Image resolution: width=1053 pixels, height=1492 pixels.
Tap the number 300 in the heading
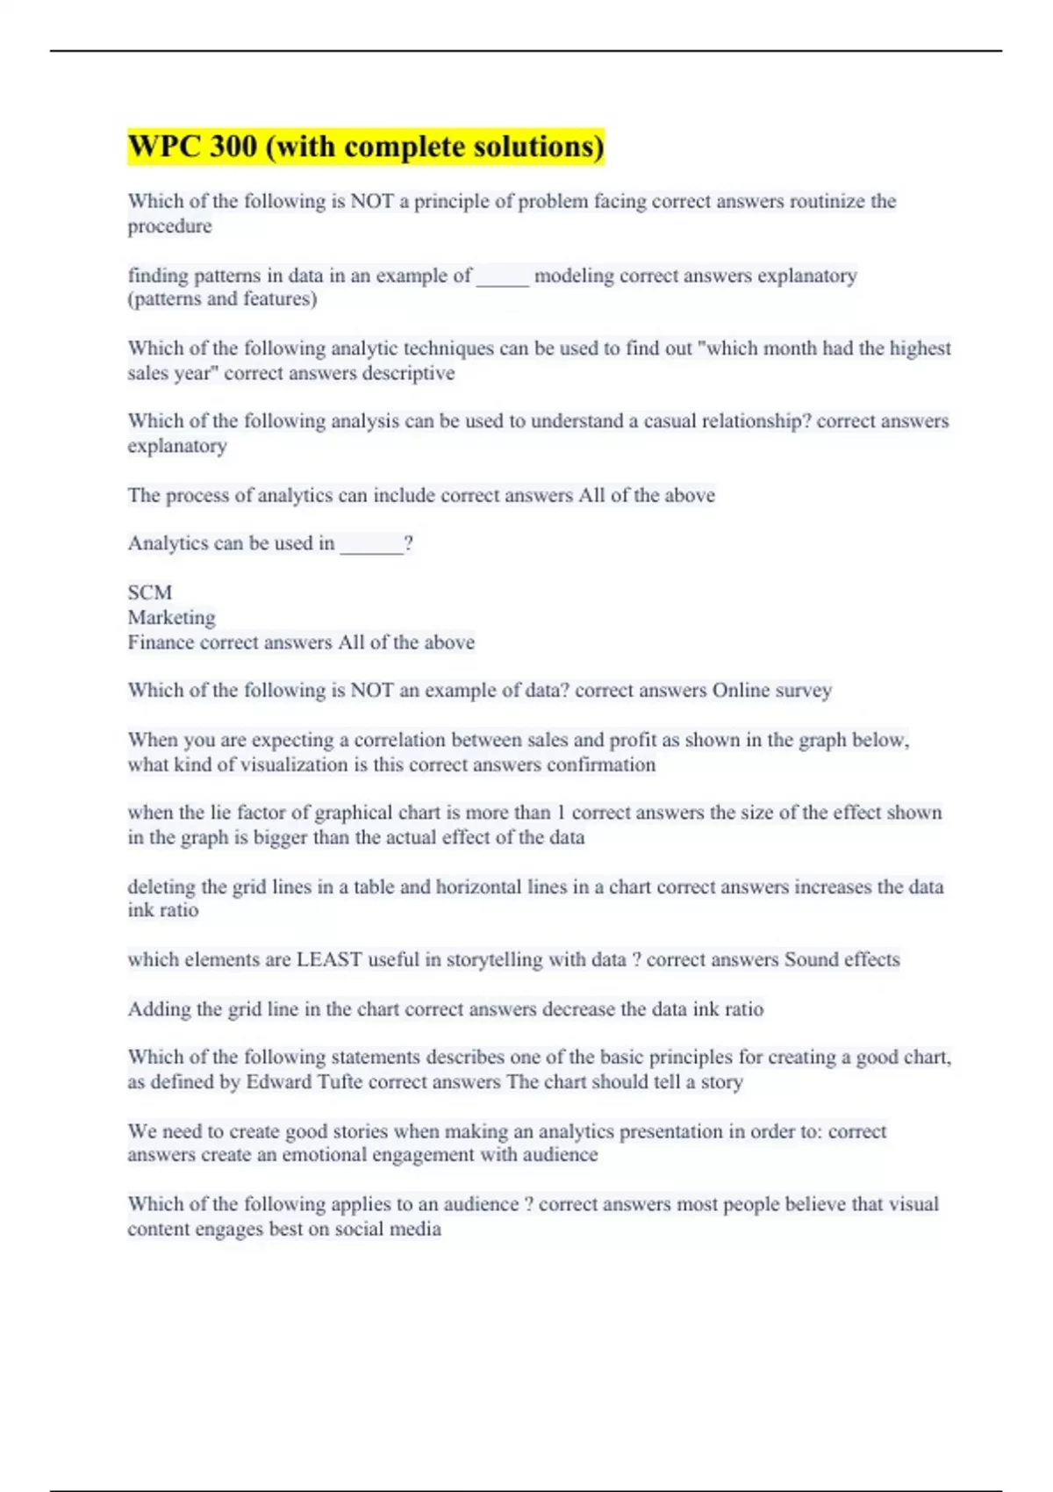coord(233,147)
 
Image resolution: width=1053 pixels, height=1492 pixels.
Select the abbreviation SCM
coord(150,592)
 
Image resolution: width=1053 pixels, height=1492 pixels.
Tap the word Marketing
coord(172,617)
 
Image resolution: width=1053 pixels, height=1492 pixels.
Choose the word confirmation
coord(601,765)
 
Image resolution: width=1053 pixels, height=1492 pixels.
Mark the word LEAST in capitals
coord(329,960)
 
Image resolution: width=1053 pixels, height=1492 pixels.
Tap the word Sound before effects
coord(811,960)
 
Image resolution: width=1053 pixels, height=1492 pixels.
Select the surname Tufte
coord(340,1082)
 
